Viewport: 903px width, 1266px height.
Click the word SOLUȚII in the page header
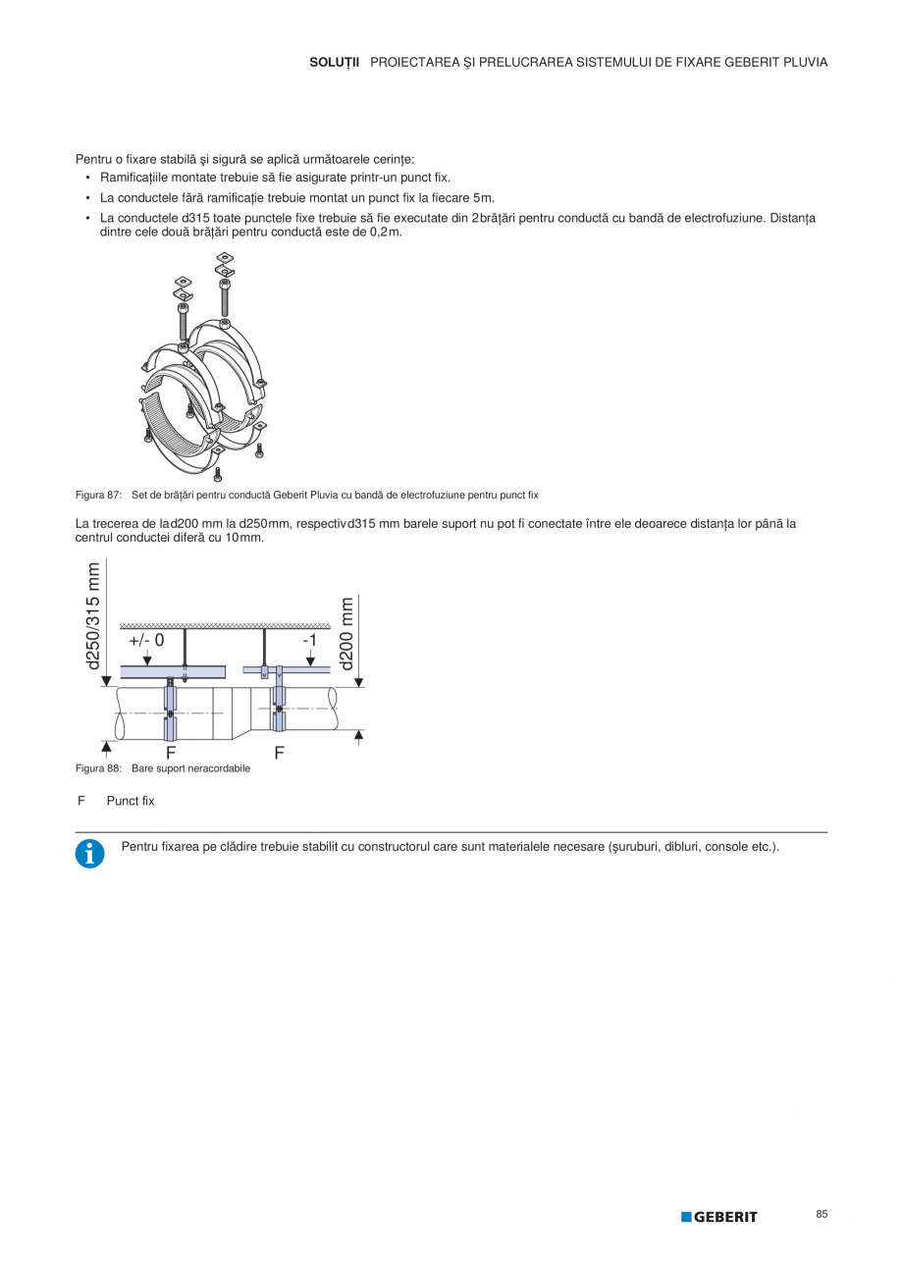pos(335,62)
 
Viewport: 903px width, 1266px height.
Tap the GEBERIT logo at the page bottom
pos(719,1217)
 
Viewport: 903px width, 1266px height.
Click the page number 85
pos(822,1215)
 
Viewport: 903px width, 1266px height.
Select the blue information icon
pos(89,854)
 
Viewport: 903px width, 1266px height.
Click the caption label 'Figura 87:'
pos(98,495)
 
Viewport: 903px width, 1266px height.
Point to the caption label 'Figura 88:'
pos(98,768)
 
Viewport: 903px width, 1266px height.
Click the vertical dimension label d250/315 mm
pos(94,616)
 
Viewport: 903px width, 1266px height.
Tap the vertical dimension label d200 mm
pos(345,633)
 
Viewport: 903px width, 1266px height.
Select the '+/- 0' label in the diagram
pos(146,640)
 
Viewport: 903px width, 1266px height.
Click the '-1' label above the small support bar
pos(309,640)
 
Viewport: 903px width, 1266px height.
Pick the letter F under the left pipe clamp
pos(171,753)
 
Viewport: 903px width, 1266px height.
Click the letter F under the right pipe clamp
pos(280,753)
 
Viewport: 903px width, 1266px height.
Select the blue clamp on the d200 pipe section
pos(279,709)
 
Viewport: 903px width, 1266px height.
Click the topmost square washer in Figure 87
pos(224,259)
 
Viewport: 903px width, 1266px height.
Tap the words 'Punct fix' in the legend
pos(131,801)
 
